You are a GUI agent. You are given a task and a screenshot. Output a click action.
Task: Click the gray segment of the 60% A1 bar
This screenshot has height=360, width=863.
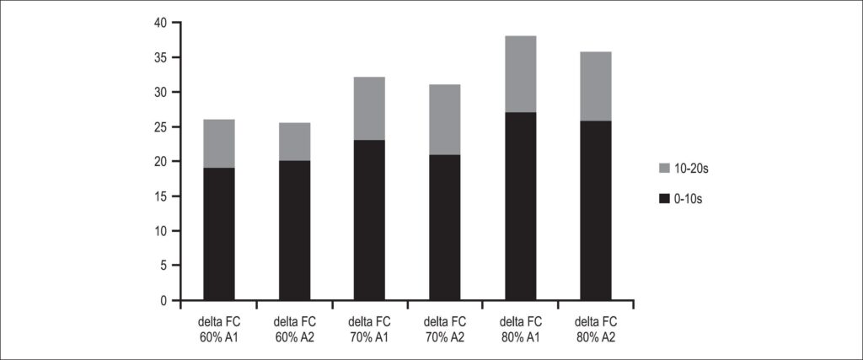[x=219, y=143]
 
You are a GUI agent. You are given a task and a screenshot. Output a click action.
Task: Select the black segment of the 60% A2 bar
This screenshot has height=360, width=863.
[x=294, y=231]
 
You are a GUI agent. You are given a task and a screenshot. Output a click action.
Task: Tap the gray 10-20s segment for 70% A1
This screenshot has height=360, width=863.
[x=369, y=109]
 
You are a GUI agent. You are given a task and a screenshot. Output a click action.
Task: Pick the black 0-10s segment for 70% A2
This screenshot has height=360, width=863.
[x=445, y=228]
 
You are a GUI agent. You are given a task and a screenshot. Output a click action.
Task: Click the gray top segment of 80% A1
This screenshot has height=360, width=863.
[x=521, y=74]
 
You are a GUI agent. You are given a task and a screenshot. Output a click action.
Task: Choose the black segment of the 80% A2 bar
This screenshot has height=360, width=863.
[x=596, y=211]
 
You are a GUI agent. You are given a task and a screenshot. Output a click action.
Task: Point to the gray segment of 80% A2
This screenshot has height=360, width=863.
[x=596, y=87]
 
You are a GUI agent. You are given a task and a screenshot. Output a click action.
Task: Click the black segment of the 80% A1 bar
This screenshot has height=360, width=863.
[x=521, y=207]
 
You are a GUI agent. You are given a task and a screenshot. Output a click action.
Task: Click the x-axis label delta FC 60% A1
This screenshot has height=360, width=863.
[x=219, y=328]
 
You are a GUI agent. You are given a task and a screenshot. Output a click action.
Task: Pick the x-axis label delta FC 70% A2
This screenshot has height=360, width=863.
[x=445, y=328]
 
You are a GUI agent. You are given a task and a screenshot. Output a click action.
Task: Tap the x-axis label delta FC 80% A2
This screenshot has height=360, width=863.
[x=596, y=328]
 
